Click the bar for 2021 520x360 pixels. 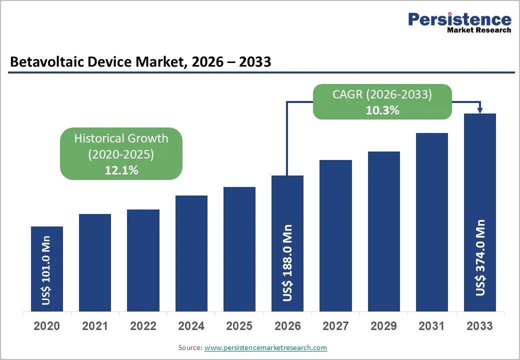pos(95,262)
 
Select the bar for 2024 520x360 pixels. pos(191,253)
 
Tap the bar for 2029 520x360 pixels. pos(383,231)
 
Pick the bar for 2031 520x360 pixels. pos(432,222)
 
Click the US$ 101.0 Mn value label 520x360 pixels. pos(46,270)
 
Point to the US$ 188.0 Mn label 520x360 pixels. pos(287,263)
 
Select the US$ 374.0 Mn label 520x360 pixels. pos(480,257)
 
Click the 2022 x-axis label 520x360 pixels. pos(143,326)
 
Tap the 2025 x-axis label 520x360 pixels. pos(239,326)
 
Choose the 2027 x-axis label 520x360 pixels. pos(335,326)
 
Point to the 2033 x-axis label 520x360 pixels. pos(479,326)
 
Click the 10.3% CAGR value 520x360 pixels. pos(382,110)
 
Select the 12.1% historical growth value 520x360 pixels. pos(121,170)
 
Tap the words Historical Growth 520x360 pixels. pos(121,138)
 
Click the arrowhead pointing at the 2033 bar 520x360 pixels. pos(480,110)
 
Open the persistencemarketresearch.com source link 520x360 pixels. pos(265,347)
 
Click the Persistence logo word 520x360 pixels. pos(459,19)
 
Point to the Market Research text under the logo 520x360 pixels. pos(479,30)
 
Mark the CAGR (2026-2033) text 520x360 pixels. pos(382,94)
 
